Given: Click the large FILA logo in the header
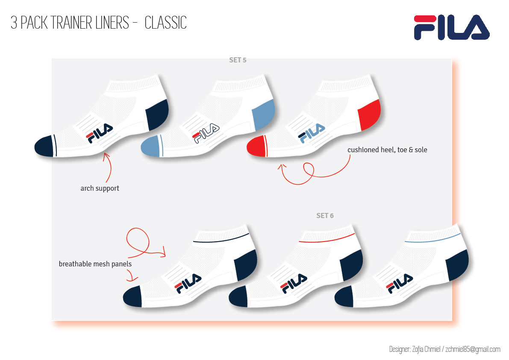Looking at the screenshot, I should coord(451,27).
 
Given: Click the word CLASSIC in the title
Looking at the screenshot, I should coord(165,23).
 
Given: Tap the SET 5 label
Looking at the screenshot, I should coord(238,60).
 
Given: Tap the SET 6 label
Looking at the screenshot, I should coord(325,216).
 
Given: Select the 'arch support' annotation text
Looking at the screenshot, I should coord(100,188).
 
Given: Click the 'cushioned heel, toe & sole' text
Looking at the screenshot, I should coord(387,150).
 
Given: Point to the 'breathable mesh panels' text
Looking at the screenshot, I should coord(95,264).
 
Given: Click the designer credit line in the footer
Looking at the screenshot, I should coord(444,349).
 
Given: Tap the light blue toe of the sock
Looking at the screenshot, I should coord(149,146).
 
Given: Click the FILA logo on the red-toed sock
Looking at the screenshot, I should coord(312,133).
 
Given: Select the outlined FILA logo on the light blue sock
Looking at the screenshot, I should coord(206,133).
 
